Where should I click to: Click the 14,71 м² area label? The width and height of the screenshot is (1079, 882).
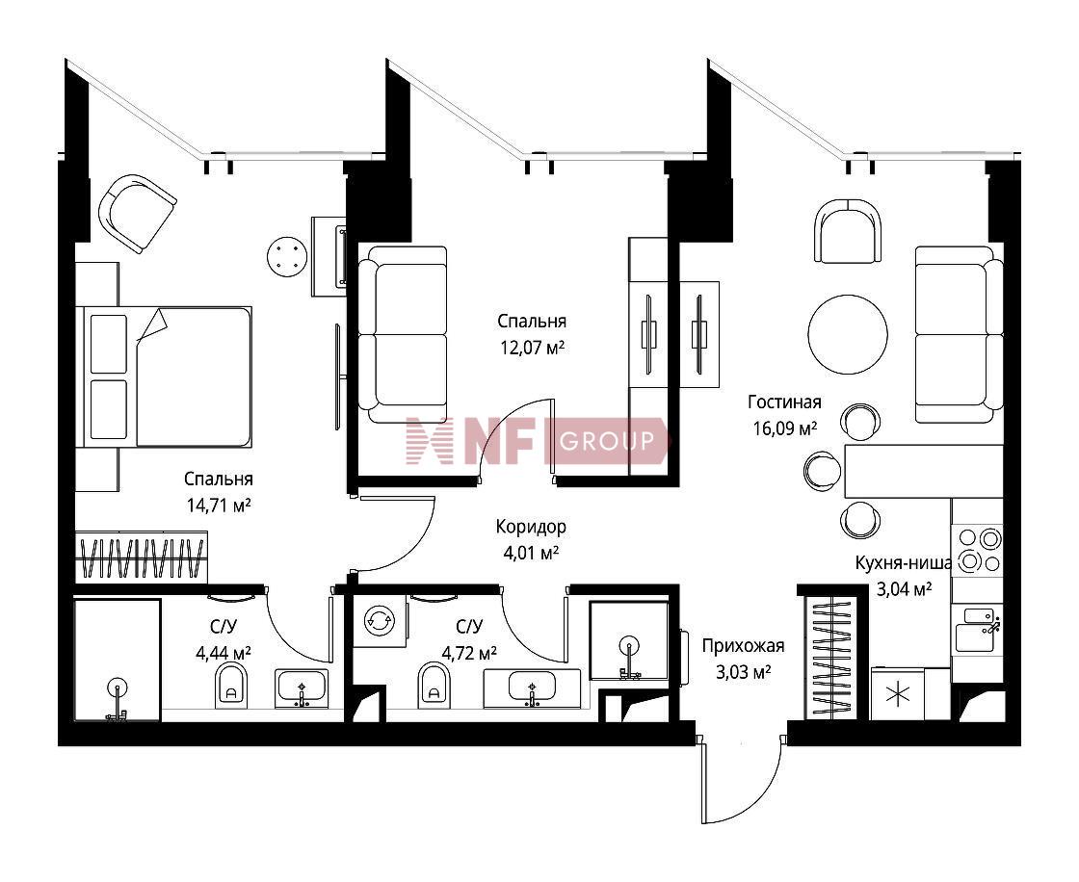[x=218, y=506]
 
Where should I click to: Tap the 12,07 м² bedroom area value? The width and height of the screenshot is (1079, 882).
[x=532, y=348]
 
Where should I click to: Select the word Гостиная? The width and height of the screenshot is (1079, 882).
[x=784, y=402]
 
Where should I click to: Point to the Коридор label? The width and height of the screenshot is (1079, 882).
[x=531, y=527]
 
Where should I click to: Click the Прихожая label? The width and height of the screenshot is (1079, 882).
[x=743, y=646]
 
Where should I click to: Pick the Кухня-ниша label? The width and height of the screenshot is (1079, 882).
[x=904, y=562]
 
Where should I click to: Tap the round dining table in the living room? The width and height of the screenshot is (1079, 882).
[x=848, y=334]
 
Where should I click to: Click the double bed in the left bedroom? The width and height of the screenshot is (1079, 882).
[x=167, y=377]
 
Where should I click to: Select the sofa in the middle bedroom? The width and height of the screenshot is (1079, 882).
[x=403, y=334]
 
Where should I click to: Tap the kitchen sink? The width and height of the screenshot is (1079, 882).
[x=976, y=630]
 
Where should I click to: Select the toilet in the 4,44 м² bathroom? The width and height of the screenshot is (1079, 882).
[x=231, y=686]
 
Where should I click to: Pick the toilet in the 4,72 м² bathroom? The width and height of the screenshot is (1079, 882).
[x=434, y=686]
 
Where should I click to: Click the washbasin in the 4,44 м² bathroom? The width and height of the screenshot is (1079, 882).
[x=302, y=688]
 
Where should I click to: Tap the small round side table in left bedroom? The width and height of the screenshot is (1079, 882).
[x=287, y=256]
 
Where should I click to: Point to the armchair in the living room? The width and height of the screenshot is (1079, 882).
[x=848, y=230]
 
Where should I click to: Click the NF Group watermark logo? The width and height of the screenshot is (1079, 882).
[x=537, y=440]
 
